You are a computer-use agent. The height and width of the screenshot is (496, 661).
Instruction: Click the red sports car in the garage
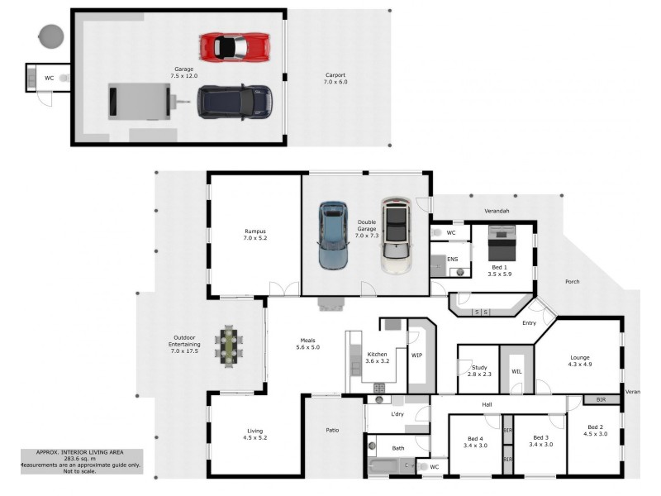tap(235, 46)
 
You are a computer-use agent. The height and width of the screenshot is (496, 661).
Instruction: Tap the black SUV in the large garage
tap(235, 102)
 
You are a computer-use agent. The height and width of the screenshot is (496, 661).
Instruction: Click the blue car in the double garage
tap(335, 235)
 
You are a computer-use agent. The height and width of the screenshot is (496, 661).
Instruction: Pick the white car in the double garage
tap(397, 236)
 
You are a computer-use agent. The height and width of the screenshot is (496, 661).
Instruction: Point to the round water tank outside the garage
tap(51, 36)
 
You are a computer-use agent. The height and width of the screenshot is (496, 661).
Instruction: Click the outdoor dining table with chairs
tap(229, 346)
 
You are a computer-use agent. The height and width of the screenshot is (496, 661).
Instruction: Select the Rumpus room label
tap(254, 234)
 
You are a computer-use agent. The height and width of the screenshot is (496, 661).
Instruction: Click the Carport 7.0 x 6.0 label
tap(336, 79)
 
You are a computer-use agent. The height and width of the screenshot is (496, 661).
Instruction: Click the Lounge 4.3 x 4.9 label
tap(579, 360)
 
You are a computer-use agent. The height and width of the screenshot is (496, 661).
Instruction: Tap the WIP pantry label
tap(417, 355)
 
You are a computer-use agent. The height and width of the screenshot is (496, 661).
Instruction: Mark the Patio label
tap(333, 430)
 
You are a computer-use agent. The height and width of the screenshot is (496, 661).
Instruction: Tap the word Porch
tap(572, 282)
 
